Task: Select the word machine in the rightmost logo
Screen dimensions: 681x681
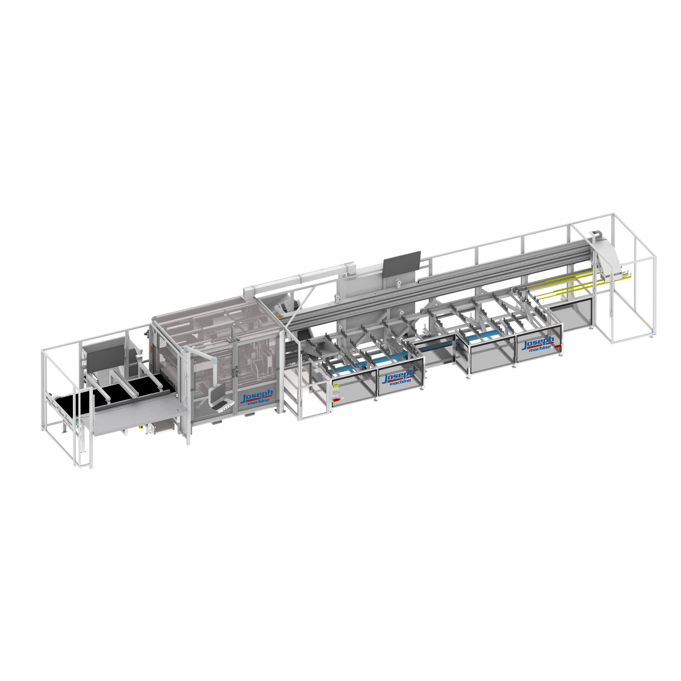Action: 540,348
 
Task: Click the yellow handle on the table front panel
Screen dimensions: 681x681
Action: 336,386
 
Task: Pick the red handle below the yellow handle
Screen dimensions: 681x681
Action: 336,400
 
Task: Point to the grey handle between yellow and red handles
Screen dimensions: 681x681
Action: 336,393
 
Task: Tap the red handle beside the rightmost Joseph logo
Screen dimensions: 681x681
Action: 558,347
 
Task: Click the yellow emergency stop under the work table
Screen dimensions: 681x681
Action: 142,427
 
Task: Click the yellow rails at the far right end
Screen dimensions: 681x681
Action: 564,282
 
